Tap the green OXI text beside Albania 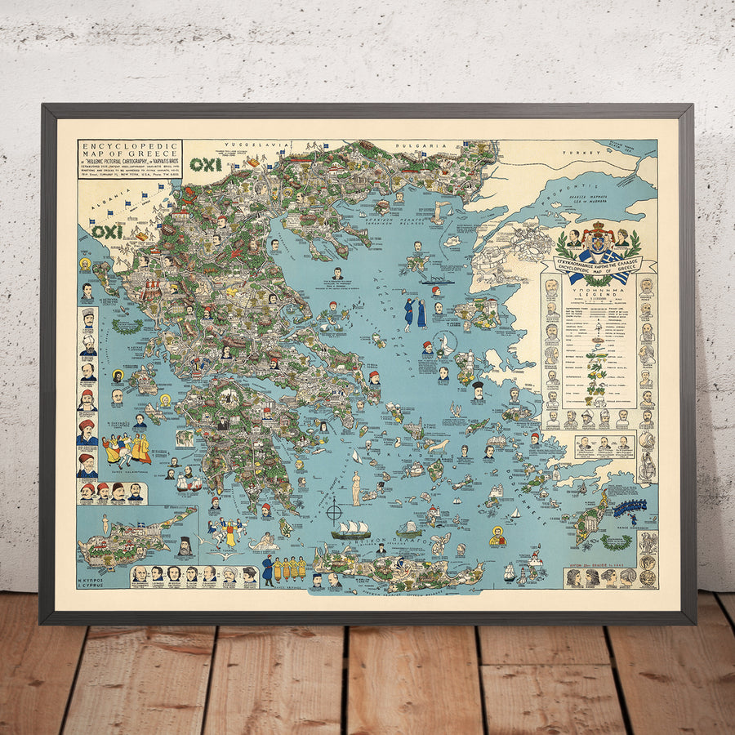(x=107, y=231)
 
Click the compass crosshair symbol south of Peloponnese (x=334, y=513)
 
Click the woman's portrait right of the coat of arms (x=625, y=238)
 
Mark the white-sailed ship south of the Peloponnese (x=350, y=528)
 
